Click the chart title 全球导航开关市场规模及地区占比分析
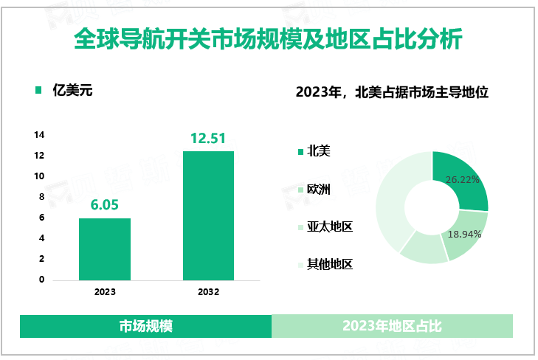point(269,38)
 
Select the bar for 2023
point(105,249)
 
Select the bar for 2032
point(208,215)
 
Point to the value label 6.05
point(105,204)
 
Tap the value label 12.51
point(208,137)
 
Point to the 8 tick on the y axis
point(41,197)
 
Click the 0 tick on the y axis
point(41,280)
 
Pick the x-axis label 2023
point(105,292)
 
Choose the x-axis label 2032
point(208,292)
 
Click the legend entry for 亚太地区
point(329,226)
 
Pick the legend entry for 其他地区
point(329,263)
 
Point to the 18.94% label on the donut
point(465,234)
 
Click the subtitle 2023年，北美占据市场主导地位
point(393,93)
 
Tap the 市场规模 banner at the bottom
point(145,326)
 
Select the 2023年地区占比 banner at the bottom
point(392,326)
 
